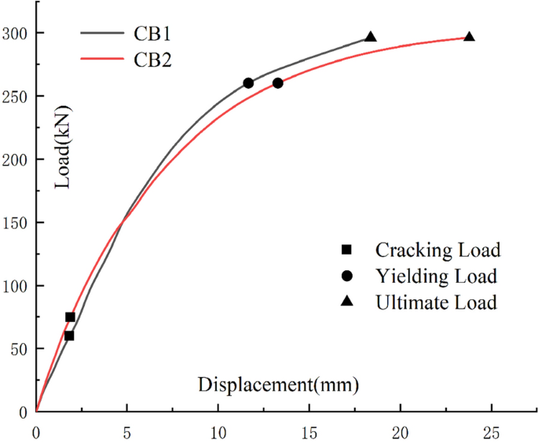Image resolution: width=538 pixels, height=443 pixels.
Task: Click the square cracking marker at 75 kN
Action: click(x=70, y=317)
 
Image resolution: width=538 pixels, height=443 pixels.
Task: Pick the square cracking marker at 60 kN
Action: click(x=69, y=335)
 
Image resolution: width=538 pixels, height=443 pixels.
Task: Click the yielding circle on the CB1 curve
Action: click(x=248, y=83)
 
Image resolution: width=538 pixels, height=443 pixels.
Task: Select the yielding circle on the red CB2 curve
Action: click(x=277, y=83)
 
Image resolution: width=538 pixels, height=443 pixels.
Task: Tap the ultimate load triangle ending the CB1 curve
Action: click(x=371, y=37)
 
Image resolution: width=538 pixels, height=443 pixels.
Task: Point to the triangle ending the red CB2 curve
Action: click(x=469, y=37)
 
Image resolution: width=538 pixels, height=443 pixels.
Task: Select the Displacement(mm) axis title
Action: click(x=278, y=386)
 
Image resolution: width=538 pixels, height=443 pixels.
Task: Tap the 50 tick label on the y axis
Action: click(x=20, y=349)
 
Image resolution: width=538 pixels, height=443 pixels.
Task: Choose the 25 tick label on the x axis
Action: click(x=492, y=432)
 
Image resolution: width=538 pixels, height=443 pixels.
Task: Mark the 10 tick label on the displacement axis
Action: click(x=218, y=432)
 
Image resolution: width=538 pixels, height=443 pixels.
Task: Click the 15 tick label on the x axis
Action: click(x=309, y=432)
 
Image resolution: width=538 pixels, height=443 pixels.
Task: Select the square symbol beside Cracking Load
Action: click(x=346, y=251)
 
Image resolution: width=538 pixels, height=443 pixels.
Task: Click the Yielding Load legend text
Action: click(x=436, y=276)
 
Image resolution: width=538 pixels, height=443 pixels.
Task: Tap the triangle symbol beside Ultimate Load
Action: click(x=346, y=302)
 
